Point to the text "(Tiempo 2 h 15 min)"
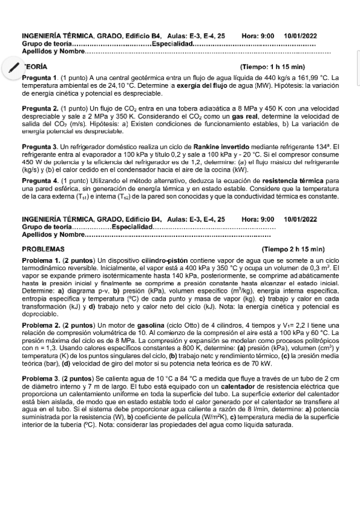[x=293, y=248]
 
